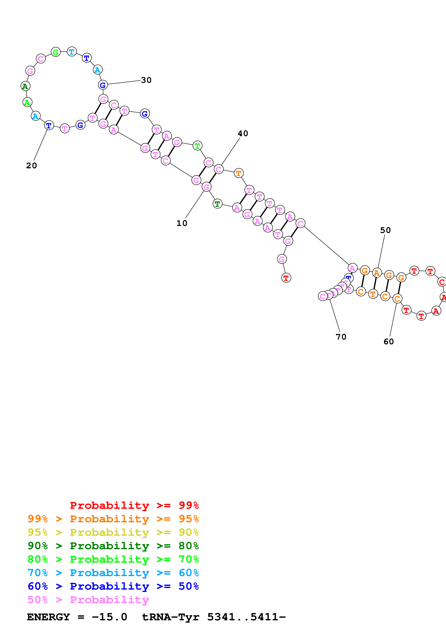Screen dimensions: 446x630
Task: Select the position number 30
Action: click(146, 80)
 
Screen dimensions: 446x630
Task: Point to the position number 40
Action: click(243, 133)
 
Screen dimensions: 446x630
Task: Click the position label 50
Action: click(385, 230)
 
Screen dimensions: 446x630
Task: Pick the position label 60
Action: click(389, 341)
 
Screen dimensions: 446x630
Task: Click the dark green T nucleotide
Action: click(217, 204)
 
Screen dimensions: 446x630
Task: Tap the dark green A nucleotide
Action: click(25, 86)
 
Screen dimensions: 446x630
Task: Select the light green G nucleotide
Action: click(56, 52)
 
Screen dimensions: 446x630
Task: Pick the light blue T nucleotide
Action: click(72, 52)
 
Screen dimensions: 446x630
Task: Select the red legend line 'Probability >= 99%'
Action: click(134, 505)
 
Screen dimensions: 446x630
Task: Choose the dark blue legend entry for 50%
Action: click(113, 586)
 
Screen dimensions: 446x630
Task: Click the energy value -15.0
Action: click(109, 617)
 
